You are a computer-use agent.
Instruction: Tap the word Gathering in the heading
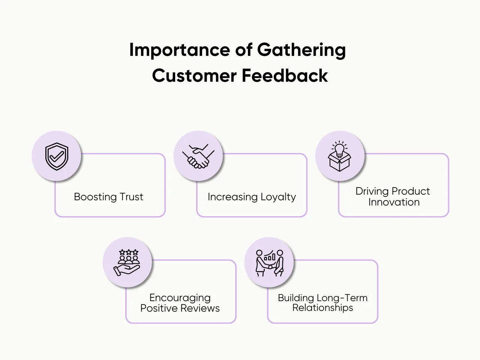coord(301,50)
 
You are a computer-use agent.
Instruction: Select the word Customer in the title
coord(194,75)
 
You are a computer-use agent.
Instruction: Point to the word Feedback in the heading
coord(285,75)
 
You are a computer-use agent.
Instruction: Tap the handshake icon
coord(198,156)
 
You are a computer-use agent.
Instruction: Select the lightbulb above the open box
coord(339,149)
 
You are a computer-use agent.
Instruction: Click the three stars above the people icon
coord(129,252)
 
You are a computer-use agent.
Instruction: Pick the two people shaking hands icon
coord(269,263)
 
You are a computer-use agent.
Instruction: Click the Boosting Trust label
coord(108,197)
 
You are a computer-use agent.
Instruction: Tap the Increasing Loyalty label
coord(252,197)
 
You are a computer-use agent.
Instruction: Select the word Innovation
coord(394,202)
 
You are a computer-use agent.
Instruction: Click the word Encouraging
coord(180,298)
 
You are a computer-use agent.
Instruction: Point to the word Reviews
coord(204,308)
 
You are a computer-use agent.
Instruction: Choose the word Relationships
coord(322,308)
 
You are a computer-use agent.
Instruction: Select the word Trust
coord(131,197)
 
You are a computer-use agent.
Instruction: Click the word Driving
coord(373,191)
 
